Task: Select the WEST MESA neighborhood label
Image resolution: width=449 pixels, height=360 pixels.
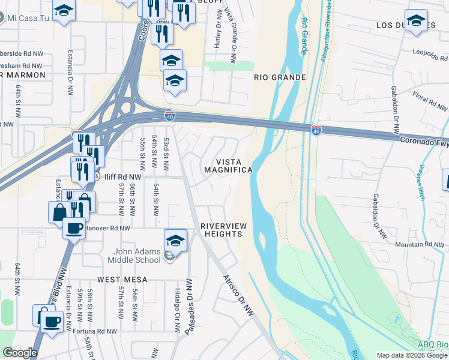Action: tap(122, 280)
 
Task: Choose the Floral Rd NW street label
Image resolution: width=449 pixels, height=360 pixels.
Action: tap(430, 102)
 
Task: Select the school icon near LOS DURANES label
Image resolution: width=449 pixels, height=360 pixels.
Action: tap(416, 21)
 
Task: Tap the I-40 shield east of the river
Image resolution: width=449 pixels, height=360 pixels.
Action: tap(316, 130)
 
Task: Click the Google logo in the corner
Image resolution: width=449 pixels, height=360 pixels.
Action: tap(20, 353)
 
